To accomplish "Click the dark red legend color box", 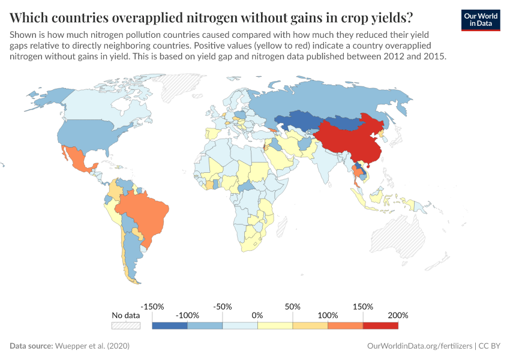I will [380, 325].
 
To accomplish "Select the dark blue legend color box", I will [170, 325].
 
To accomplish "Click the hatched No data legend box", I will [125, 325].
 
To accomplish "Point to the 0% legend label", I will [257, 315].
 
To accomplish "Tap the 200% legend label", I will [398, 315].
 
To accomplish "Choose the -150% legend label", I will [152, 307].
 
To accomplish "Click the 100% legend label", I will [328, 315].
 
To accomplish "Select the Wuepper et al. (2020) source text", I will [92, 346].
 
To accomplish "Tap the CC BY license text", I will [489, 346].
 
